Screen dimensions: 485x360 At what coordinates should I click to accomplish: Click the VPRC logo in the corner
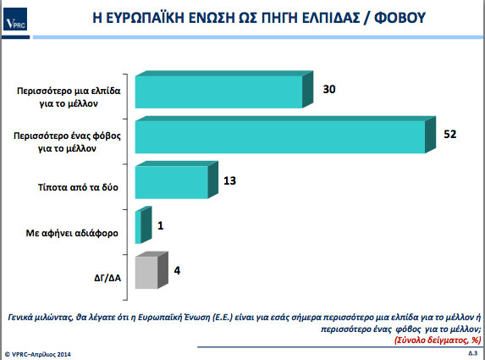coord(15,19)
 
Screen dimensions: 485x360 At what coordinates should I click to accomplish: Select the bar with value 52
coord(285,135)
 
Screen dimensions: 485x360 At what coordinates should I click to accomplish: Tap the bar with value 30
coord(224,90)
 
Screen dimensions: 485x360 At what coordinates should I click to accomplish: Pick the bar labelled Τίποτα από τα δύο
coord(176,180)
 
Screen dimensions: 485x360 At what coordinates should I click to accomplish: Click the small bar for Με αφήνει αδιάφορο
coord(143,225)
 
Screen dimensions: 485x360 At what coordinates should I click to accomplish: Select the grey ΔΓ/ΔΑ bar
coord(152,270)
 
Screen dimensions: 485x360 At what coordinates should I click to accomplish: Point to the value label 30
coord(329,89)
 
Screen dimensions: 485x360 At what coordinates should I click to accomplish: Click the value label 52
coord(450,134)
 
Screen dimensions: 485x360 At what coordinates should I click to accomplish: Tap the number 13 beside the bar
coord(230,180)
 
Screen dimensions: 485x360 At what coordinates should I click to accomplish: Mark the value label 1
coord(160,225)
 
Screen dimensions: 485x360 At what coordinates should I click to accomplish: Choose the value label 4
coord(177,270)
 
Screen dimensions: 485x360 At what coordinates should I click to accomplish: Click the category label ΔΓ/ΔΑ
coord(107,278)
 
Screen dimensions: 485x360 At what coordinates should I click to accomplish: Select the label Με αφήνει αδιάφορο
coord(72,233)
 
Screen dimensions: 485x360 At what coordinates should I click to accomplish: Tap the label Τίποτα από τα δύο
coord(78,187)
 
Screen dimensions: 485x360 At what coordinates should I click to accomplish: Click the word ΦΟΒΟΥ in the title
coord(400,18)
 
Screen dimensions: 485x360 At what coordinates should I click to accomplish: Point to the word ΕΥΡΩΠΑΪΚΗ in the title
coord(145,18)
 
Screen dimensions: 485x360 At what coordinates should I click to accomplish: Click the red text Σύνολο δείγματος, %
coord(438,340)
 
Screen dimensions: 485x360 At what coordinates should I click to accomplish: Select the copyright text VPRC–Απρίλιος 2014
coord(37,354)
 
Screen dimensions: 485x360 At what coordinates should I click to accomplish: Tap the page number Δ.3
coord(472,353)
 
